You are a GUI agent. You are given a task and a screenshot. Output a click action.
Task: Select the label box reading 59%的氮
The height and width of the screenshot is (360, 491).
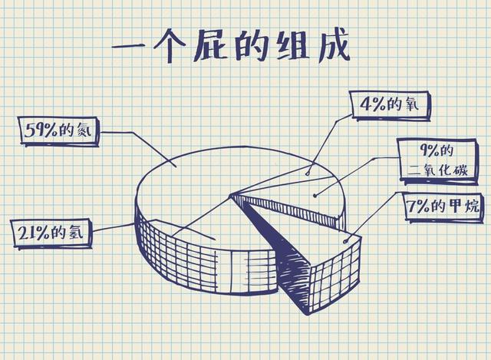[x=60, y=131]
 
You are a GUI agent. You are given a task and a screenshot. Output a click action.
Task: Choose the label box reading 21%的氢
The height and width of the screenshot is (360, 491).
[x=51, y=231]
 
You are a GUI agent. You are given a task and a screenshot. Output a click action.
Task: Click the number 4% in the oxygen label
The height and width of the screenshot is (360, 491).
[x=371, y=104]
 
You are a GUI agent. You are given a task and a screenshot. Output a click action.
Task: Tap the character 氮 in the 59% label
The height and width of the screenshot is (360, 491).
[x=90, y=131]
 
